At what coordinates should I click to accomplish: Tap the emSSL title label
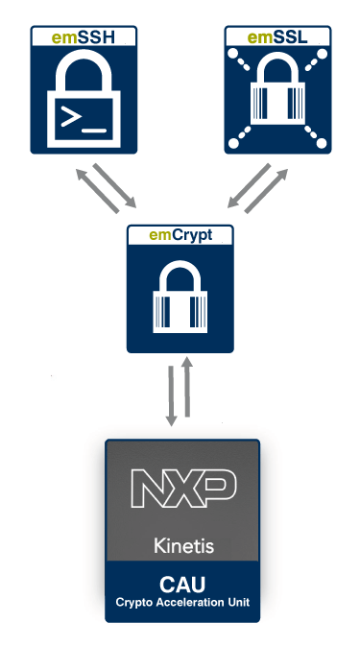276,37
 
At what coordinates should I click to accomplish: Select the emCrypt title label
180,234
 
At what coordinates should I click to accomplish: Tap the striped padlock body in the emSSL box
276,106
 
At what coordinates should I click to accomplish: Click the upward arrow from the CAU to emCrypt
189,388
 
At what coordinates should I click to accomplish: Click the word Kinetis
182,546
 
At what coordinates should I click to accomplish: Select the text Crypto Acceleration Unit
182,601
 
